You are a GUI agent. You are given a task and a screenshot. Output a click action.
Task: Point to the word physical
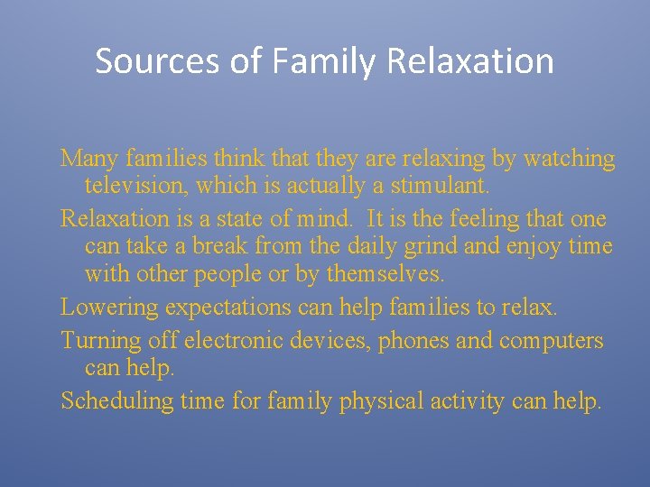click(380, 401)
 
